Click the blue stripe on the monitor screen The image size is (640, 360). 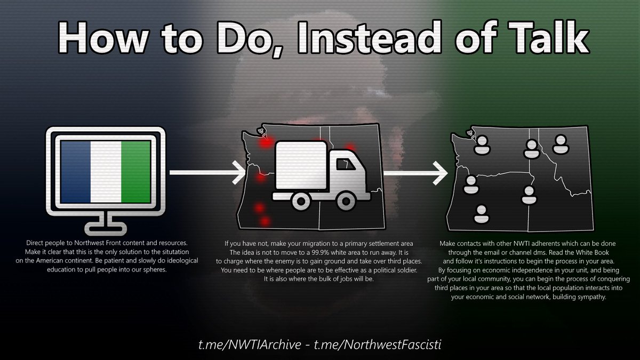tap(76, 172)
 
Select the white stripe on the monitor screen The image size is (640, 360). tap(106, 172)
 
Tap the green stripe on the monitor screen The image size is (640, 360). tap(136, 172)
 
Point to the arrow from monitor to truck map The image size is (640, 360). tap(207, 172)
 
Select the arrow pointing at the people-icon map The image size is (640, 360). tap(415, 173)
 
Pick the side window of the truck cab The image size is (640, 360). tap(345, 164)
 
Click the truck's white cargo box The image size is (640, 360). tap(301, 165)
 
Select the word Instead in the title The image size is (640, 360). tap(370, 37)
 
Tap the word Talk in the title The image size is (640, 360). tap(549, 37)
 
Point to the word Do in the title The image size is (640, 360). tap(248, 38)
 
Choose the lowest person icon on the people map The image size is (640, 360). tap(482, 214)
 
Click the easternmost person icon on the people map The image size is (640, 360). tap(561, 145)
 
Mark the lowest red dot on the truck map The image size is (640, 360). tap(265, 221)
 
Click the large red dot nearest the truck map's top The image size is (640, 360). tap(266, 142)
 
